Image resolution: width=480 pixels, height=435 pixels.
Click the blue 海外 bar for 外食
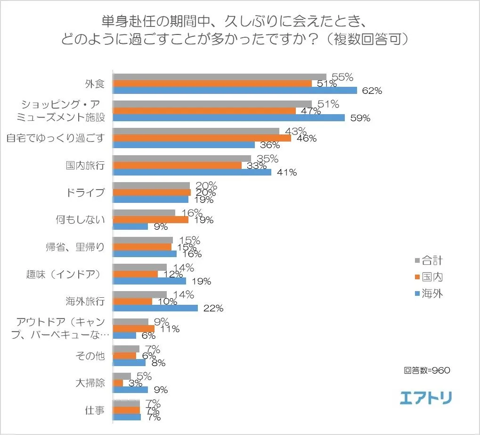235,90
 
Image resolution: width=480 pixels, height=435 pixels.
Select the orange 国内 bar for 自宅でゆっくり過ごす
202,138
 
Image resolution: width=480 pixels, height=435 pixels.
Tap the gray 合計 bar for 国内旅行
182,159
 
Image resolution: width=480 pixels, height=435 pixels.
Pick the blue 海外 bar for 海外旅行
155,308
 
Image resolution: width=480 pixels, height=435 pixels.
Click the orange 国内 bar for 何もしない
151,220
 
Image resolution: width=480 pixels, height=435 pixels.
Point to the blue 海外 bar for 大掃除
130,390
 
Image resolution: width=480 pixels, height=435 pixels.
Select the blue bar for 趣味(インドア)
150,281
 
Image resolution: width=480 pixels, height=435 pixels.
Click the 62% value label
372,91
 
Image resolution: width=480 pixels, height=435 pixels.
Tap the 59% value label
360,118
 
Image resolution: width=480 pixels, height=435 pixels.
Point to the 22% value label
213,309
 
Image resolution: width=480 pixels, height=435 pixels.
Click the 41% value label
287,173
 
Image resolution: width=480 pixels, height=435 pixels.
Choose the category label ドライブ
86,192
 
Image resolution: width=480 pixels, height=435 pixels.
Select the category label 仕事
94,410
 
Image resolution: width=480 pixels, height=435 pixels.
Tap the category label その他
90,356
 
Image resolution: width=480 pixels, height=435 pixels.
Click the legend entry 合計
429,260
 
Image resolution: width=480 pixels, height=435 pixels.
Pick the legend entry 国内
429,277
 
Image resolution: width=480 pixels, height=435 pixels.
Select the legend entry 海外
429,294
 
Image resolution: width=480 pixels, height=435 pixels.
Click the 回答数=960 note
427,370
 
